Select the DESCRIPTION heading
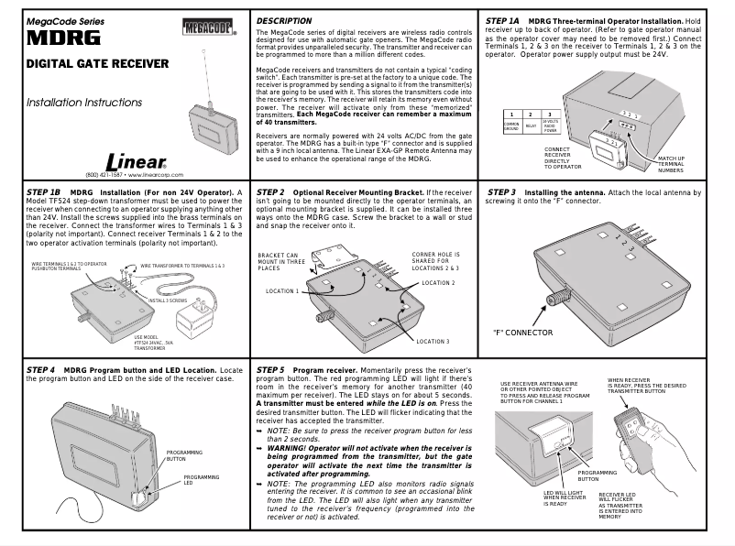click(x=283, y=20)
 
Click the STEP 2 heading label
click(x=271, y=192)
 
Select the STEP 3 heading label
click(x=502, y=192)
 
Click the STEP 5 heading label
click(x=271, y=369)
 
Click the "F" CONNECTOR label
click(x=522, y=333)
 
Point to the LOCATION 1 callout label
click(x=282, y=290)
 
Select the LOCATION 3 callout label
click(x=432, y=341)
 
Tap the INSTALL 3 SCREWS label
click(x=167, y=300)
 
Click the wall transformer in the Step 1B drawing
click(x=195, y=321)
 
